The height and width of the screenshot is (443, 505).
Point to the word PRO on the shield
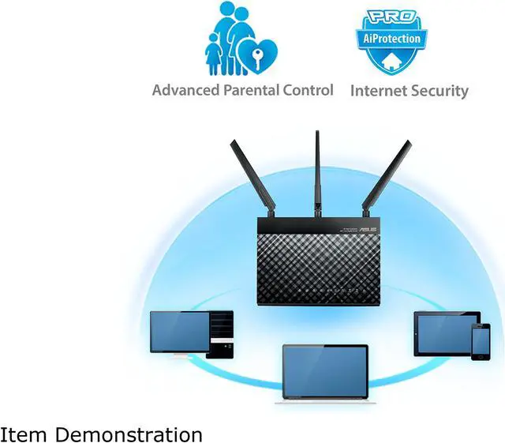point(391,17)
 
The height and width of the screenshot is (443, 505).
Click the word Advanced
point(186,90)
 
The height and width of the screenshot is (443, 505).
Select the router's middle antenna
point(318,169)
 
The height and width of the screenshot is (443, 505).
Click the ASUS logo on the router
point(368,229)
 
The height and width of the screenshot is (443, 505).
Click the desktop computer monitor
point(180,331)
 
